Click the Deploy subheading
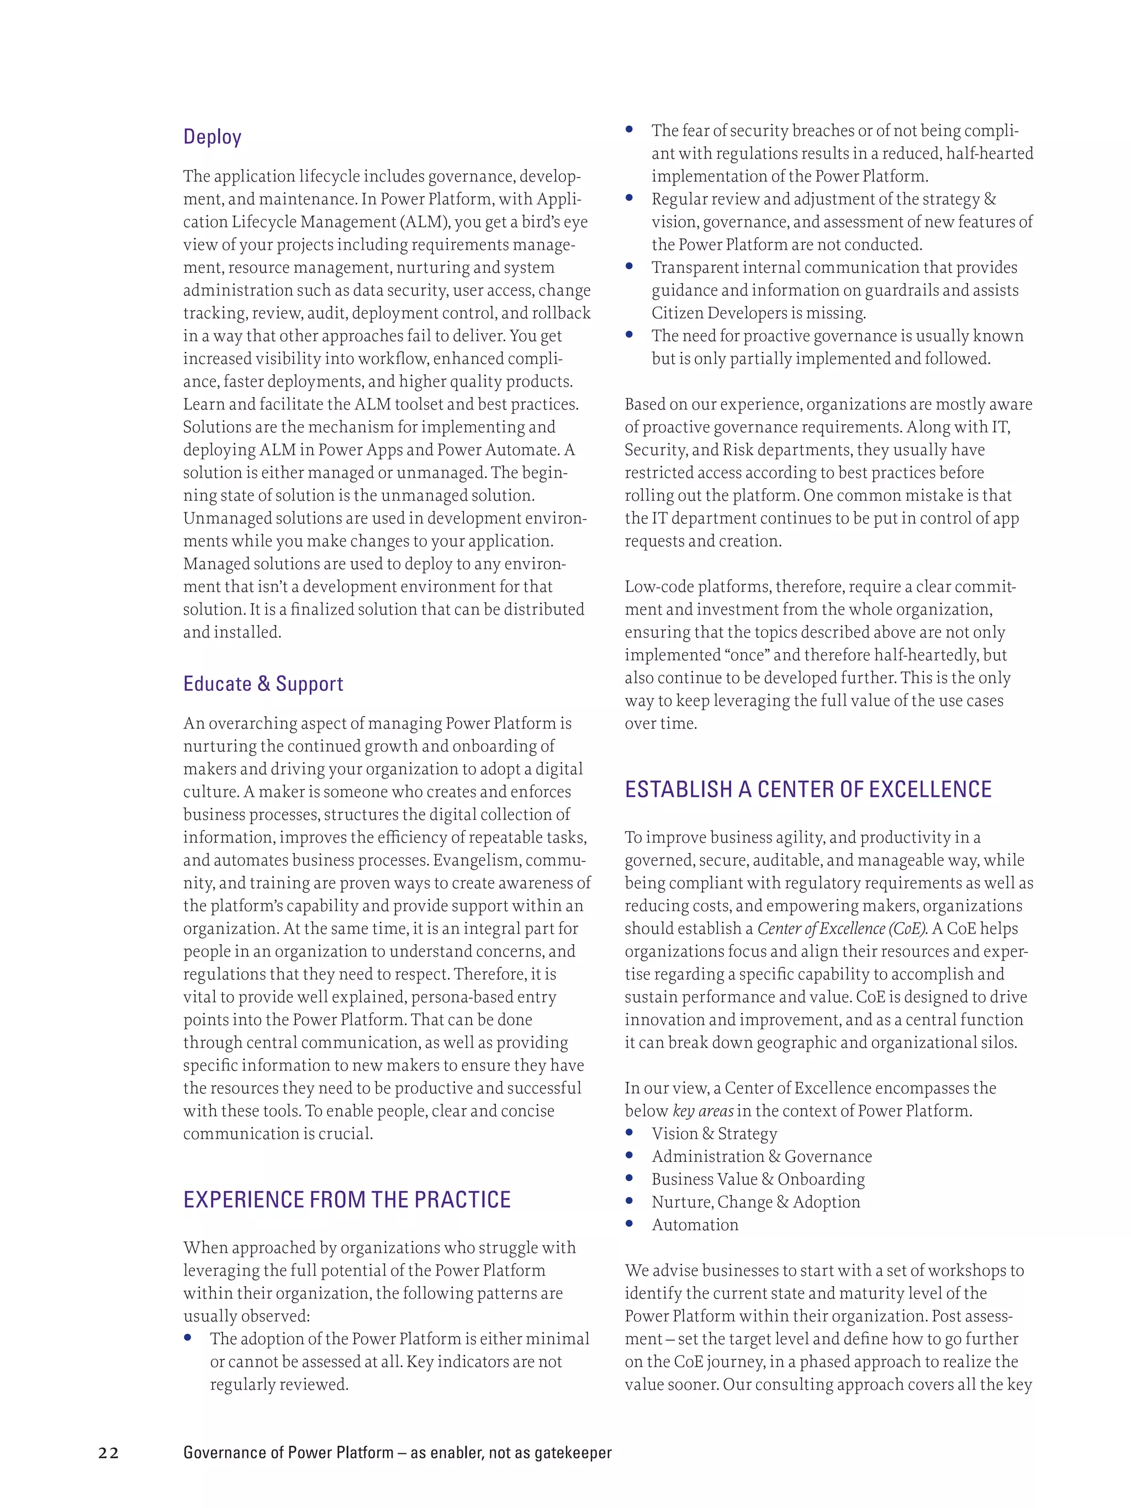[212, 137]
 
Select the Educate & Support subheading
[263, 684]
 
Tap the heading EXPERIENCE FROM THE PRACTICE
[346, 1199]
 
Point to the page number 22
[108, 1453]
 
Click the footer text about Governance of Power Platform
[397, 1453]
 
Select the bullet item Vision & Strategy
[714, 1133]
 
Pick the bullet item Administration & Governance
[761, 1156]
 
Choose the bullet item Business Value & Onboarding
[758, 1179]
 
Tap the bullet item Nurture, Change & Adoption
[755, 1202]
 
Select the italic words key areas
[703, 1110]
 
